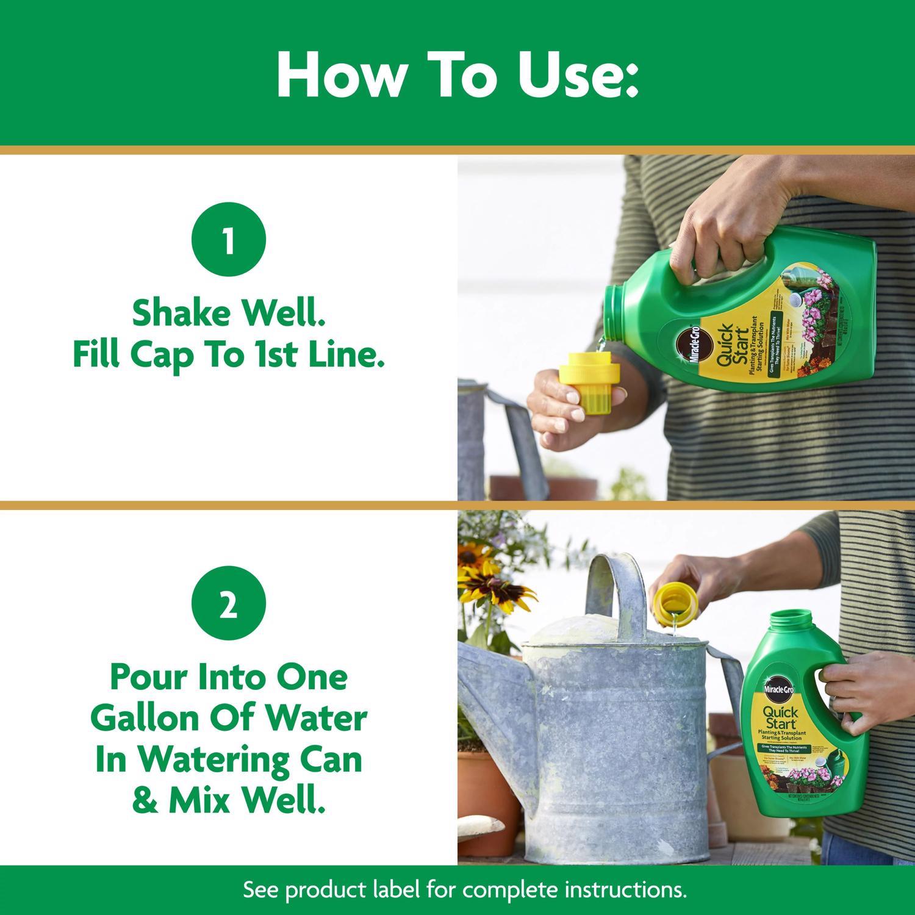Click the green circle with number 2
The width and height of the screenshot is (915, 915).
[x=229, y=606]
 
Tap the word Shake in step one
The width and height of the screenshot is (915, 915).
[x=181, y=313]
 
